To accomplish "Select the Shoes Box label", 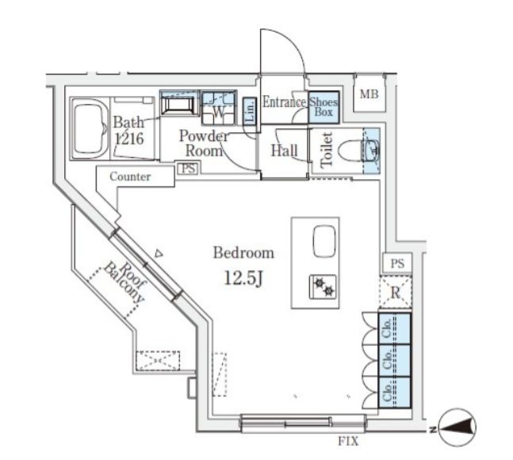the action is click(x=323, y=107).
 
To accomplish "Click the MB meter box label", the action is click(x=369, y=94).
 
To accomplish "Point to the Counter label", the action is click(x=130, y=177).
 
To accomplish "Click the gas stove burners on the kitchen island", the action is click(x=323, y=286).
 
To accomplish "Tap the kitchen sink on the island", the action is click(x=324, y=241).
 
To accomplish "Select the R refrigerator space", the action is click(x=395, y=292).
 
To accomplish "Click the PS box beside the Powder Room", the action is click(x=188, y=168).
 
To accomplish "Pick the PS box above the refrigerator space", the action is click(x=397, y=263).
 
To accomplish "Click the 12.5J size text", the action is click(x=243, y=278).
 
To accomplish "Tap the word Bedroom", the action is click(x=243, y=253).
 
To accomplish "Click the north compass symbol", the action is click(x=457, y=427).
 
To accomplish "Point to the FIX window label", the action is click(x=348, y=441).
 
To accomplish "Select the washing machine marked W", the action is click(x=219, y=108).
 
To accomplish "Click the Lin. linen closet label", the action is click(x=250, y=111).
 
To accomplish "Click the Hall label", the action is click(x=285, y=151).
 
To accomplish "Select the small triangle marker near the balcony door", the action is click(x=159, y=254).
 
